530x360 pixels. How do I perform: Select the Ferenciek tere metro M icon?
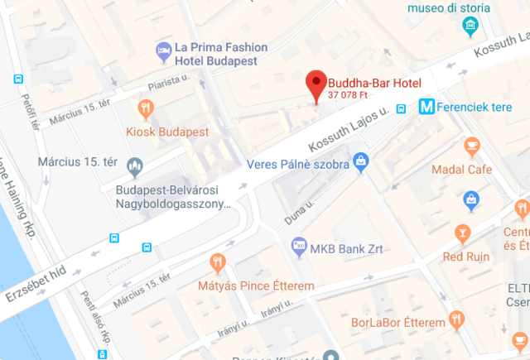click(427, 107)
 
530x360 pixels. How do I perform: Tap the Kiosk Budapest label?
click(167, 132)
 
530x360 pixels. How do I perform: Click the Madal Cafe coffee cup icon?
click(472, 146)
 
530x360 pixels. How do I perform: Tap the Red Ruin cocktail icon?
click(464, 233)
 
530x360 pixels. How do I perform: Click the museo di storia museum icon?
click(470, 26)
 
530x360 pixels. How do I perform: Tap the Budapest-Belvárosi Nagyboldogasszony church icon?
click(135, 169)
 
